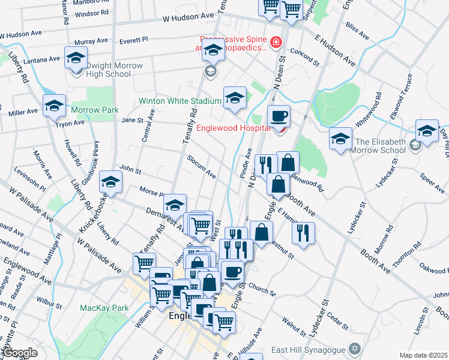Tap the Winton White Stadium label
180,101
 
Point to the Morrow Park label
94,110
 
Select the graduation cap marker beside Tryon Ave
54,106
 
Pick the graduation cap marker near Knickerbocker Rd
110,181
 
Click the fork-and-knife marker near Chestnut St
304,232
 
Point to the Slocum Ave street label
201,167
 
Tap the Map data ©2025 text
423,355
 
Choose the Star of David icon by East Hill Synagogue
355,349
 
